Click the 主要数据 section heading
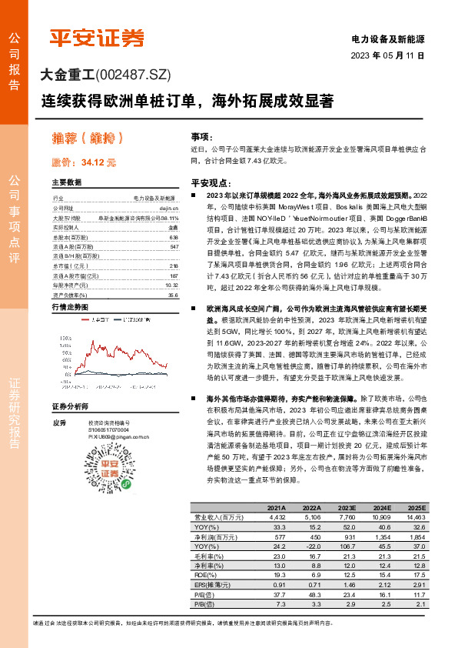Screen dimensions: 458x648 (x=66, y=182)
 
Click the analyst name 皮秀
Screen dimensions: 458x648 (x=58, y=423)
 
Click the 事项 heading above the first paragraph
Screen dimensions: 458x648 (x=201, y=135)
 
